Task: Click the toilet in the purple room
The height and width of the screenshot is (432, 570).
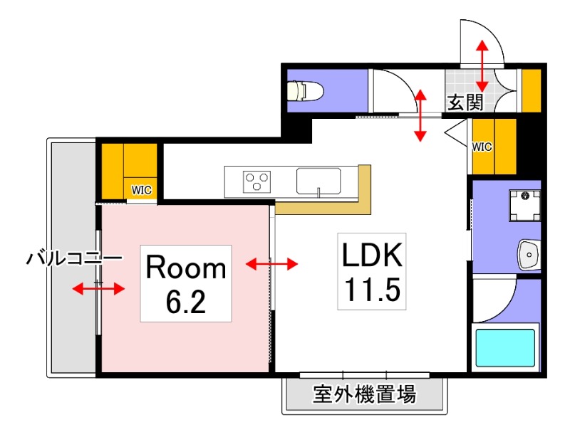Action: [x=305, y=90]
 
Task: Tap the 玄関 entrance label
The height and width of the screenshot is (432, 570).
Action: [x=465, y=102]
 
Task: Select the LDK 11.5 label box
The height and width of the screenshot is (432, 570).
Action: [x=371, y=271]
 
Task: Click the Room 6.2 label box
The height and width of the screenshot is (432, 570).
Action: [x=186, y=283]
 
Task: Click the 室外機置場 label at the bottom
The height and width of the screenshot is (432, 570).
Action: [x=364, y=394]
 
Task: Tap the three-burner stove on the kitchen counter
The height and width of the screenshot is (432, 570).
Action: [x=258, y=181]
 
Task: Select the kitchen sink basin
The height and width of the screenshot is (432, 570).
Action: [x=318, y=181]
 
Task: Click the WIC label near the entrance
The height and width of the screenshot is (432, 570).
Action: [x=482, y=147]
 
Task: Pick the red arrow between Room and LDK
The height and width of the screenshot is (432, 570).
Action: [x=271, y=265]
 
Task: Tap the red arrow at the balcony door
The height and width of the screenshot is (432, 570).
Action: [x=99, y=288]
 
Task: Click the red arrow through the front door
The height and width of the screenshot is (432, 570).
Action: [x=482, y=65]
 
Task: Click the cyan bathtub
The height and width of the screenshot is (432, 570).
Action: [x=505, y=347]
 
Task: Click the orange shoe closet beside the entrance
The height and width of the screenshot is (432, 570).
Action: [x=532, y=90]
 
